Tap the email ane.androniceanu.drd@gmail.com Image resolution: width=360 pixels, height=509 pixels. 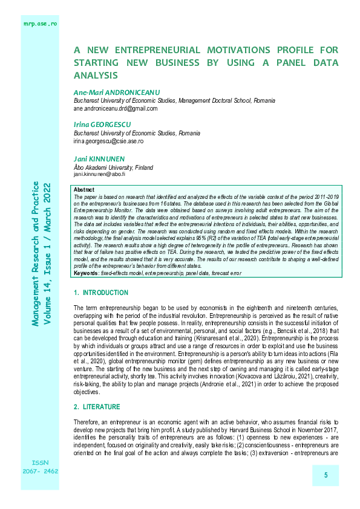[115, 109]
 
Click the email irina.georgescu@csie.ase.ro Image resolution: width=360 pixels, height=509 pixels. [108, 141]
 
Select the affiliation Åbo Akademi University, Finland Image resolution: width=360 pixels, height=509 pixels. [113, 167]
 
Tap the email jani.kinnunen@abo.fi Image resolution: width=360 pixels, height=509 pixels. [99, 174]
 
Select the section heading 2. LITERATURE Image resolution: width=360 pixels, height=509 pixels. [97, 407]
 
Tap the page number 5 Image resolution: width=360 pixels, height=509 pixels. [326, 476]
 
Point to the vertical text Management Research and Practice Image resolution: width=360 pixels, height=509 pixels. [36, 254]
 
